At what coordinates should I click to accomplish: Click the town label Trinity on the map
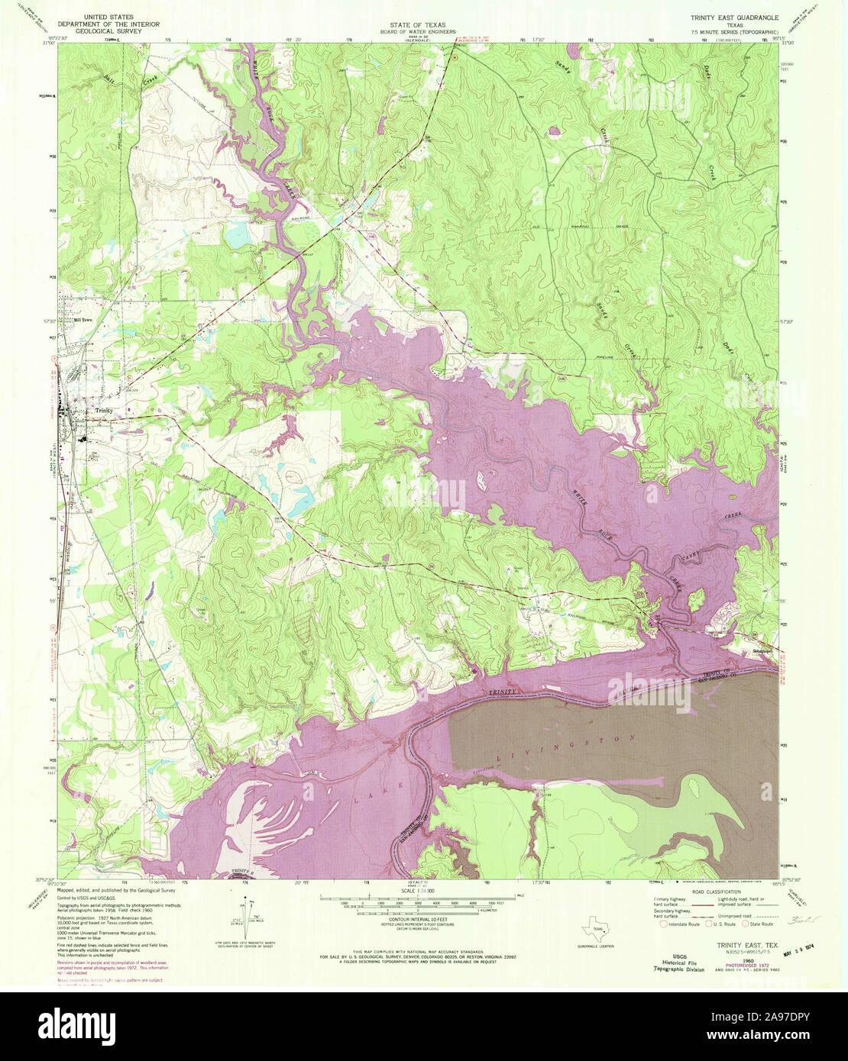point(105,410)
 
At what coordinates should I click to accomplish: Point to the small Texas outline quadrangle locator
point(594,933)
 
